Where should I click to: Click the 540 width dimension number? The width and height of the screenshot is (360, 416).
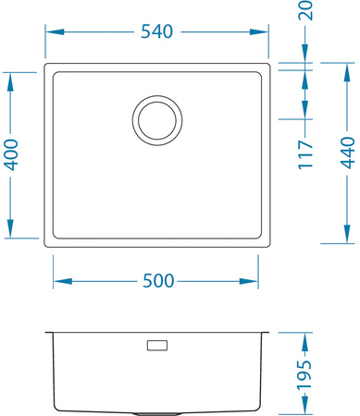(157, 31)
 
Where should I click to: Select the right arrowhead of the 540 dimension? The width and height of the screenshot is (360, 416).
(266, 31)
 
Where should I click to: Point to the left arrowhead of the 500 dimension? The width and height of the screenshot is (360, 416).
(58, 281)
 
